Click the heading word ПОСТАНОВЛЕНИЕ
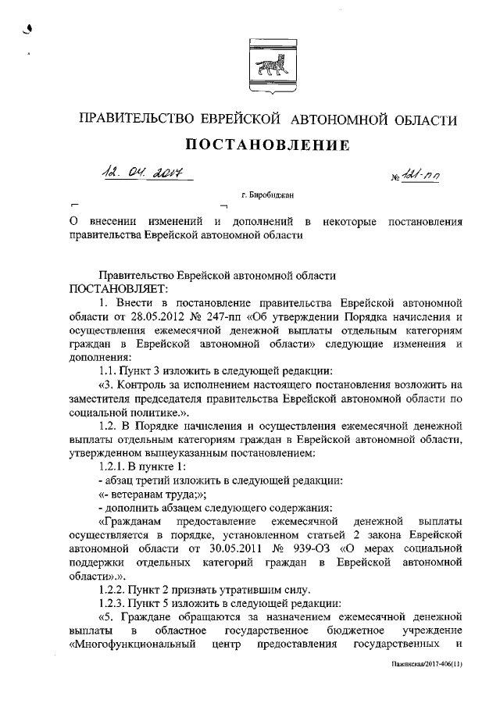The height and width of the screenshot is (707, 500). [x=266, y=145]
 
